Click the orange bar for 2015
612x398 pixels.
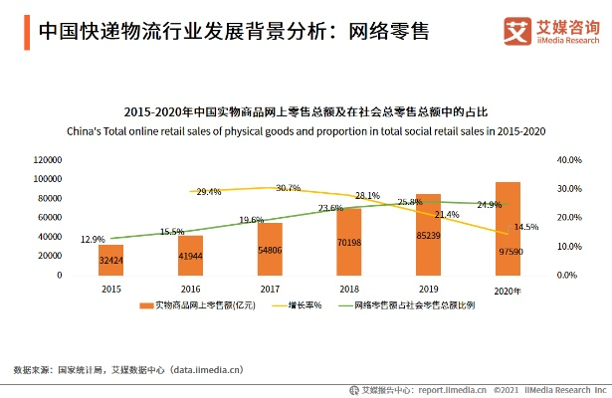[x=110, y=260]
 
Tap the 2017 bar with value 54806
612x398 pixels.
[x=269, y=249]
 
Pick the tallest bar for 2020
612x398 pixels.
[x=508, y=229]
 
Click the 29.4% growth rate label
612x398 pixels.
[x=209, y=191]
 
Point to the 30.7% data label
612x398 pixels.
[x=289, y=187]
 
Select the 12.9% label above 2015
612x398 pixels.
[x=93, y=239]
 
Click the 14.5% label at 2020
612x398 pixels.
[x=526, y=227]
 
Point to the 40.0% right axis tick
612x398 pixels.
[x=568, y=159]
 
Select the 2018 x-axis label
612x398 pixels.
[x=348, y=288]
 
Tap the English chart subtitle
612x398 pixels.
[x=306, y=130]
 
